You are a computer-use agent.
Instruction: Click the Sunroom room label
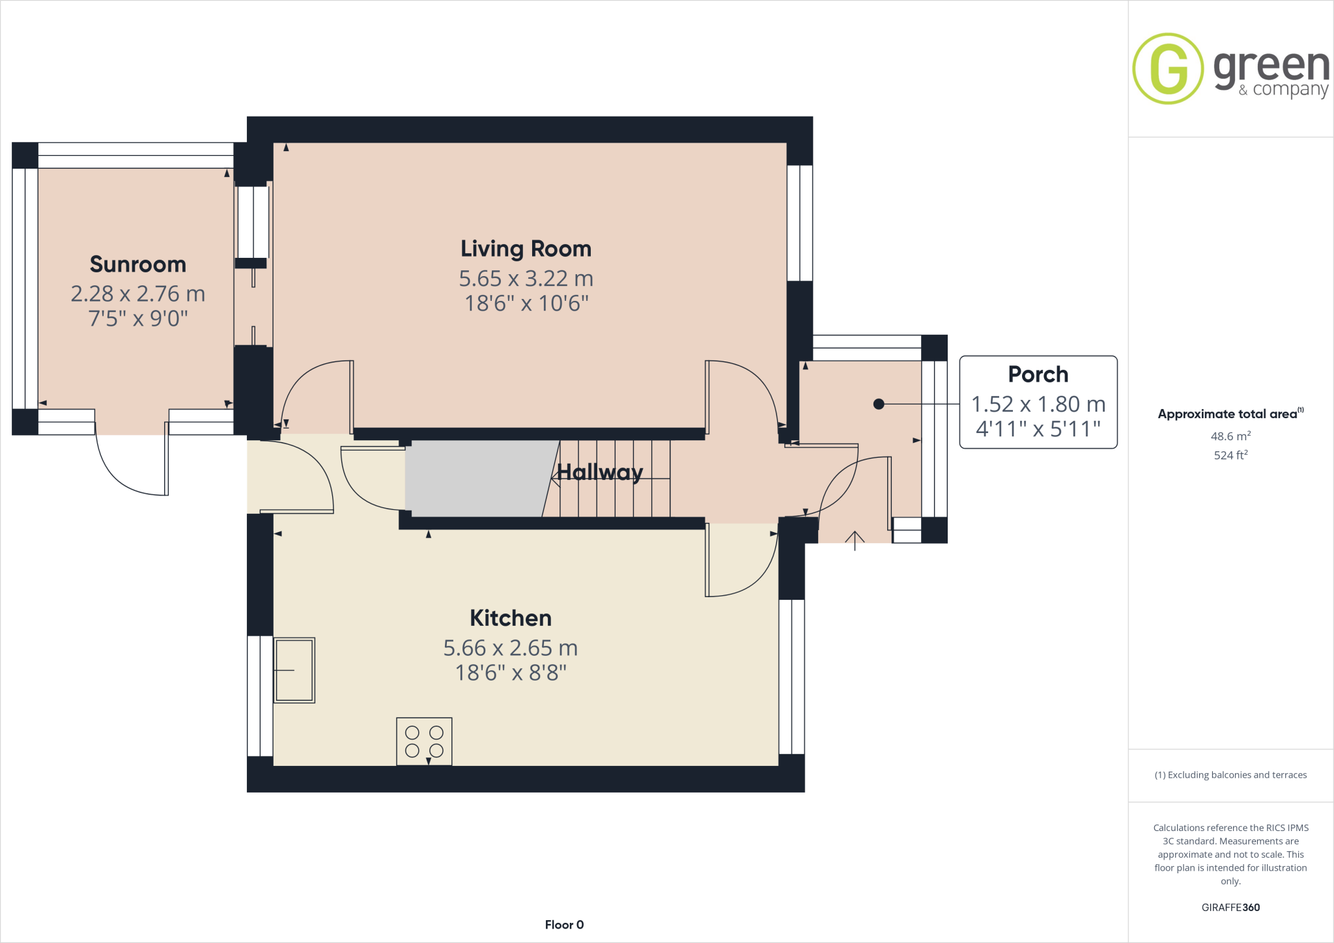138,264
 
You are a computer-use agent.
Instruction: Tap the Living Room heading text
526,249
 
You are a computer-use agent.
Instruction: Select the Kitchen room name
511,618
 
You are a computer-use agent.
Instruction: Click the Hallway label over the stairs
600,471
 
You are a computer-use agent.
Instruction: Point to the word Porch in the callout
1038,374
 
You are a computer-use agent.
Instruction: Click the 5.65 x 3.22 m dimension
526,279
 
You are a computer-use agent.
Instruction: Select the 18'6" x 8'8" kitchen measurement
511,673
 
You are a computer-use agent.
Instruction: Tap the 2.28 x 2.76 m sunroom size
138,294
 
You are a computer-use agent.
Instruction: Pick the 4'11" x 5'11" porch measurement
1038,429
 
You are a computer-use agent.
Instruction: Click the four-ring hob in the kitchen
424,741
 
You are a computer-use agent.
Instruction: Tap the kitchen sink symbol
294,669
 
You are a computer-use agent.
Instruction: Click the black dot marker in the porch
879,404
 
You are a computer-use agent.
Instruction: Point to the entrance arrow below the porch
855,540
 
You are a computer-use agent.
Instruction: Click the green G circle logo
1168,68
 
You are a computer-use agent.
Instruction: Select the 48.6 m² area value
1230,436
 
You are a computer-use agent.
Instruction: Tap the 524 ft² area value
1230,455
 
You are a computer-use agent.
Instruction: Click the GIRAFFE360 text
1230,907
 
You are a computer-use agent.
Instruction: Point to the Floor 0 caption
564,925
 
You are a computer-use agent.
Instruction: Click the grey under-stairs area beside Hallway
475,479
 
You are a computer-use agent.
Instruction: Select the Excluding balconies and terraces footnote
1230,775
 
